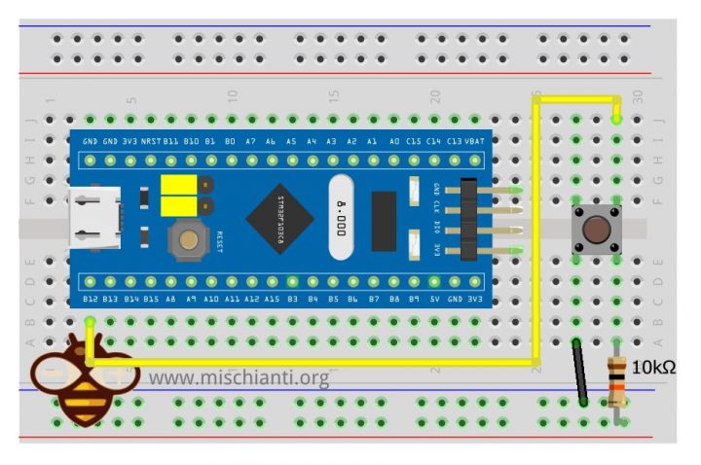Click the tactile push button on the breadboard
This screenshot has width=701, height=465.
click(596, 230)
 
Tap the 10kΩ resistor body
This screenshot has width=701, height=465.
click(616, 381)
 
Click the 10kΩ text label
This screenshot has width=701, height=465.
click(653, 368)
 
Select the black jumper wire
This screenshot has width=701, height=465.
click(579, 372)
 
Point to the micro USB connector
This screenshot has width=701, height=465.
click(94, 219)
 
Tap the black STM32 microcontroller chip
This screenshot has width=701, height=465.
click(279, 217)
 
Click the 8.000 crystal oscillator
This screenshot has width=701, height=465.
click(340, 218)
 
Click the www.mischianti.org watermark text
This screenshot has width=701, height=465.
click(239, 376)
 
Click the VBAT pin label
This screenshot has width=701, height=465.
click(474, 141)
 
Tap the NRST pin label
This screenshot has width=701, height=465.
click(151, 141)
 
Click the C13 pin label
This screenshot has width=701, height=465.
click(454, 141)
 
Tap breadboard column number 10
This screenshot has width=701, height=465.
click(233, 95)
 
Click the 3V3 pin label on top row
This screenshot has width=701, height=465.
click(130, 141)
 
